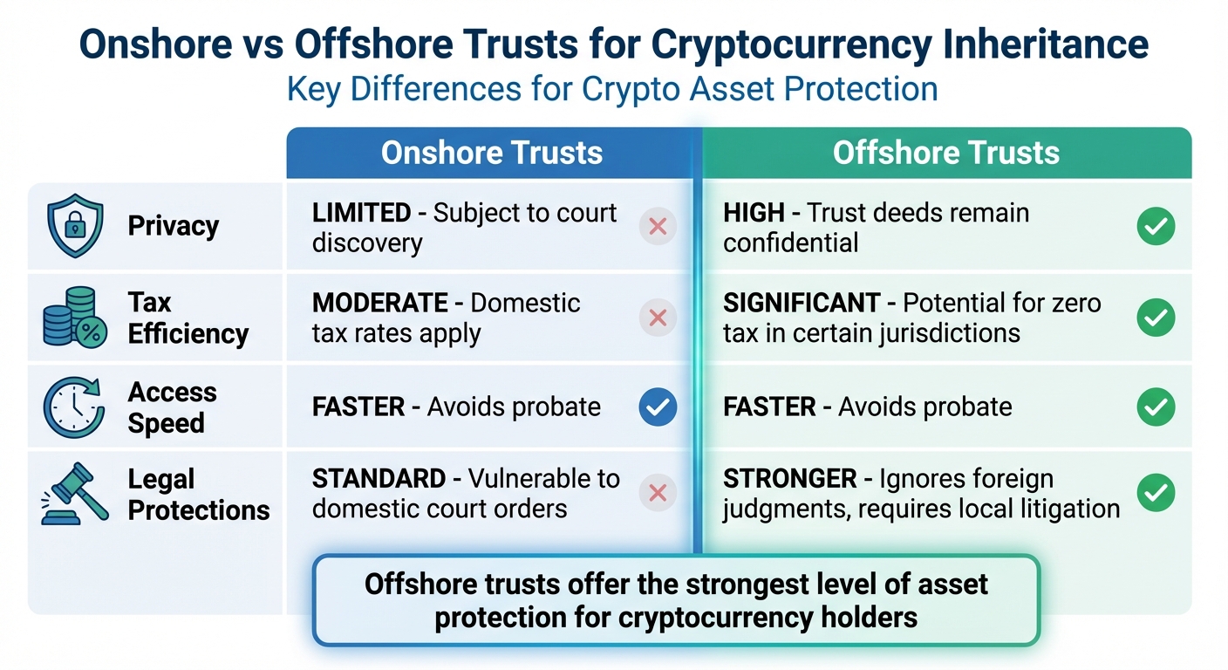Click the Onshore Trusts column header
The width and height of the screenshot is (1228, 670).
click(492, 154)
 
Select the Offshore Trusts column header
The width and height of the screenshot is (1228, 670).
click(945, 154)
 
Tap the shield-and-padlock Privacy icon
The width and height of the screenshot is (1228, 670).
click(74, 225)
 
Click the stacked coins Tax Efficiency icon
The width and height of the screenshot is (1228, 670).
click(74, 318)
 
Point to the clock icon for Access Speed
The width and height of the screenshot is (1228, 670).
click(74, 407)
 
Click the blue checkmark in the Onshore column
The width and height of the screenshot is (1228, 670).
click(658, 407)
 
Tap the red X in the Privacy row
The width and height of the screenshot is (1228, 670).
click(658, 227)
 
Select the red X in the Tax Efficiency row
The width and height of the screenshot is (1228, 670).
click(658, 318)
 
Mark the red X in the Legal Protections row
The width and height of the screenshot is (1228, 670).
click(658, 493)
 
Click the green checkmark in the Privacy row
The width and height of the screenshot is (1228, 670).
click(1156, 227)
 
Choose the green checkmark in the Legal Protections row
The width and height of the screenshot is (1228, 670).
click(1156, 493)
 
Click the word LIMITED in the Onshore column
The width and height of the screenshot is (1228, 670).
click(361, 213)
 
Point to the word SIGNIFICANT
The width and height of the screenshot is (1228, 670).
click(802, 304)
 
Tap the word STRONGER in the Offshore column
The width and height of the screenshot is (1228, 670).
click(790, 479)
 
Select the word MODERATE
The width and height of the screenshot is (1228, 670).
click(380, 304)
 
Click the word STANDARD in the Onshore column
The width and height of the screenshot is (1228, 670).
click(379, 479)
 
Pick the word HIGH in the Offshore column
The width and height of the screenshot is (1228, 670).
click(754, 213)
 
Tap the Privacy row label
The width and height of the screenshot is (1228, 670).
click(173, 226)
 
